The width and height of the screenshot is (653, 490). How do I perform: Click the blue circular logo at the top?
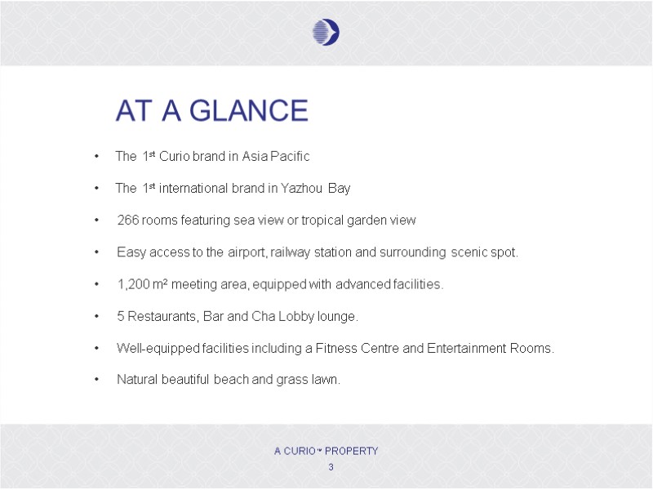326,32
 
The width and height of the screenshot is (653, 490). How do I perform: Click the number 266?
128,220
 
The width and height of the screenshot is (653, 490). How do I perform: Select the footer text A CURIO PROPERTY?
326,451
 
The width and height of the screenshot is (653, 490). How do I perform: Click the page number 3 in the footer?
331,467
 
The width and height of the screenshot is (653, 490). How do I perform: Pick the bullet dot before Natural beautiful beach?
97,380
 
